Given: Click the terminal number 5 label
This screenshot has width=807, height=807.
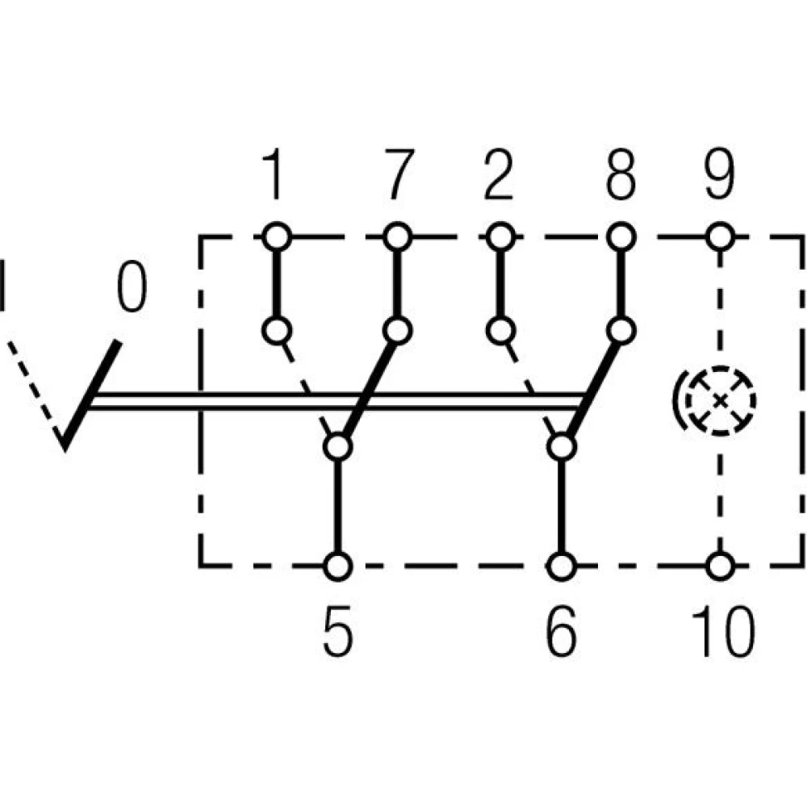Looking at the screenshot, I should click(338, 633).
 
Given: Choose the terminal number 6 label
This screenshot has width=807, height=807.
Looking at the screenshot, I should click(562, 633).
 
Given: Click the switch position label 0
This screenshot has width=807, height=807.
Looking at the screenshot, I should click(132, 288).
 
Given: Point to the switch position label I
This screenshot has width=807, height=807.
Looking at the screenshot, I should click(4, 284).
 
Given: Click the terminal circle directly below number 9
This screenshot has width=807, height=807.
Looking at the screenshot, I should click(719, 237).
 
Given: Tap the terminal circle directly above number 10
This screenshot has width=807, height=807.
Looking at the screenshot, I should click(719, 565).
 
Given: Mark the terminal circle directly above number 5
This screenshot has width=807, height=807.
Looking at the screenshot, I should click(338, 566).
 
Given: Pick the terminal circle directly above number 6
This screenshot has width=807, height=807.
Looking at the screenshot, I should click(562, 566).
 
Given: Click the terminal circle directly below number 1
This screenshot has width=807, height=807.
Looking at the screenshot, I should click(276, 237).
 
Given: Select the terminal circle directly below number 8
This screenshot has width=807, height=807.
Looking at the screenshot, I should click(620, 237).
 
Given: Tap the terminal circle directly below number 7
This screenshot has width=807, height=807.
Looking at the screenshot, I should click(396, 237).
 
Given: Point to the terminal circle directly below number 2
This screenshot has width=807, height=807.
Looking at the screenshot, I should click(500, 237).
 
